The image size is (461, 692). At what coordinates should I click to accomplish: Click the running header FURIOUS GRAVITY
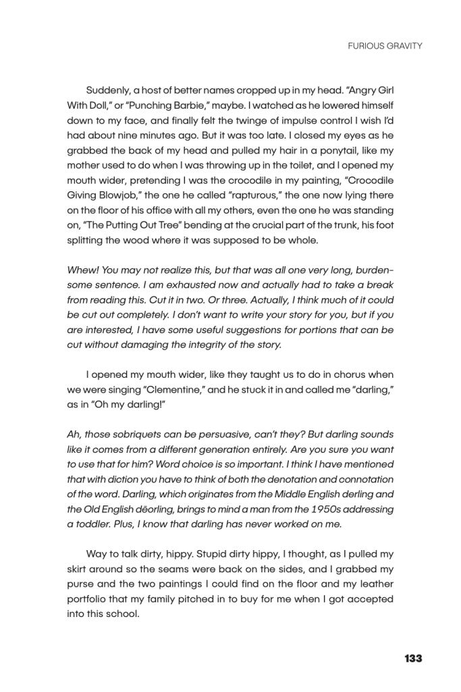[385, 46]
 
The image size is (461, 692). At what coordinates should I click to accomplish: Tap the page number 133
[413, 658]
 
